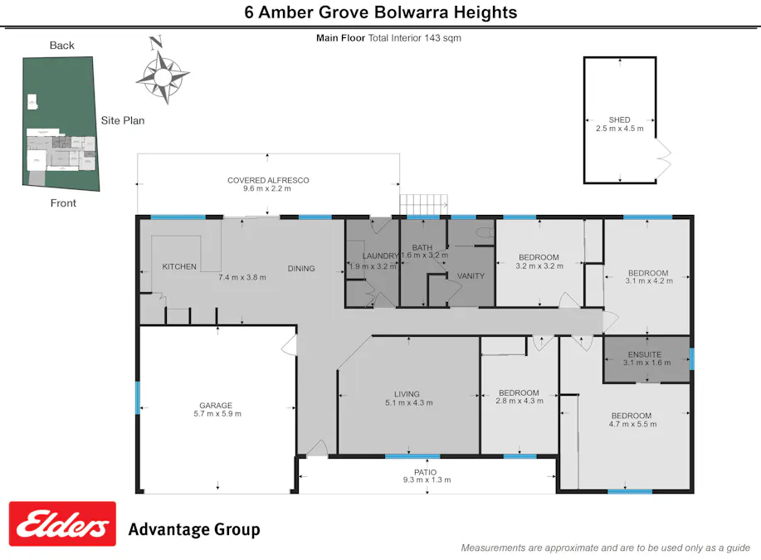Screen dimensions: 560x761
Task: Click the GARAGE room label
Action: (x=215, y=406)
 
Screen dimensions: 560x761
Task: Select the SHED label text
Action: (x=619, y=120)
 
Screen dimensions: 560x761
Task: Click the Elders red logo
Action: (x=62, y=524)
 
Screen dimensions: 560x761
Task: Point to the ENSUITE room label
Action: (x=644, y=354)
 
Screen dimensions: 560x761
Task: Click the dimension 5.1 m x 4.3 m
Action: (x=408, y=403)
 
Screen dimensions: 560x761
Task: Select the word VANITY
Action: (x=471, y=276)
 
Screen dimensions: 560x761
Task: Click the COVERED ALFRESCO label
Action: (x=268, y=180)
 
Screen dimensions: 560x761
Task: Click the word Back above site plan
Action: (x=62, y=46)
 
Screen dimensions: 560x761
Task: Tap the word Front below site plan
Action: (x=63, y=203)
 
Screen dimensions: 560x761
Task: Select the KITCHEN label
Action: (x=179, y=266)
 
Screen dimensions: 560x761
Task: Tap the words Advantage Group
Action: (x=193, y=529)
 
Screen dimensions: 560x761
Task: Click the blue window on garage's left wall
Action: (x=138, y=397)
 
